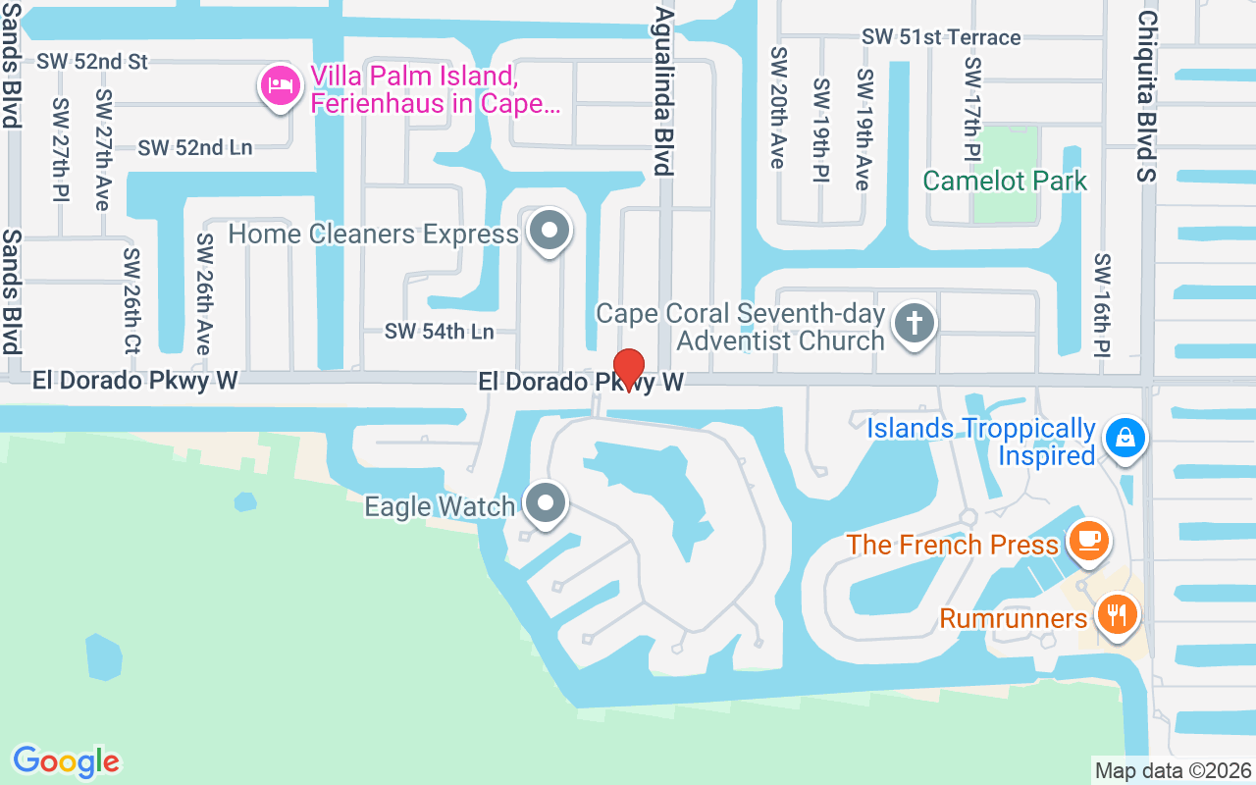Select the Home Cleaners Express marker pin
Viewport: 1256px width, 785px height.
(549, 233)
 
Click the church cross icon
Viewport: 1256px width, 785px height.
(915, 323)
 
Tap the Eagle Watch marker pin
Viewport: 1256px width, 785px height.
(546, 504)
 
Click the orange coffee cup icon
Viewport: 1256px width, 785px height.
(1088, 540)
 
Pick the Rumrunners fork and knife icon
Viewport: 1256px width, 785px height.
(1116, 616)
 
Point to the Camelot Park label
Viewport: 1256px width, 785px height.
(1005, 181)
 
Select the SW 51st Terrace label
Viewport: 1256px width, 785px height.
(941, 37)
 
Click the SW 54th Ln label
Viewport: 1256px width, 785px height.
(439, 332)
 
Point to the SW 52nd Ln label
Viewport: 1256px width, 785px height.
(195, 148)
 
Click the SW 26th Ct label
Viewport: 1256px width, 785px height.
(131, 299)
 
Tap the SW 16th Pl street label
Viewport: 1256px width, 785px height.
(1102, 304)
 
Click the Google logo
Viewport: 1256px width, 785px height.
(66, 761)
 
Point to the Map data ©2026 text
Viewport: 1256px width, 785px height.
(1173, 770)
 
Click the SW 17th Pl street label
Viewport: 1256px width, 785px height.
(971, 108)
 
